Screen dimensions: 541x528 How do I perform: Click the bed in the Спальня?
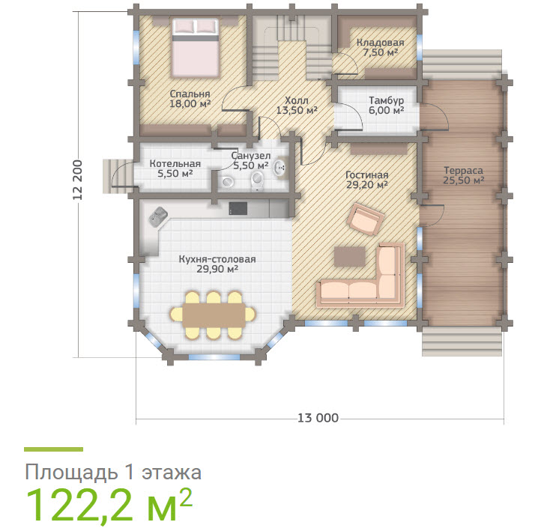click(x=196, y=48)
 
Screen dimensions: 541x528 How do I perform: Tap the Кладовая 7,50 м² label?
click(x=380, y=48)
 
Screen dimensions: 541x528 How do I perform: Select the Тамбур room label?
click(x=386, y=100)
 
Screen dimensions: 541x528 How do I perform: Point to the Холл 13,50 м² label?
click(x=297, y=106)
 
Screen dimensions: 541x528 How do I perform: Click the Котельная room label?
click(x=175, y=164)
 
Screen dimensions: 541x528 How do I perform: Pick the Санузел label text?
click(x=251, y=156)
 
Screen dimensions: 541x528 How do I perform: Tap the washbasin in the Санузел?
click(x=279, y=168)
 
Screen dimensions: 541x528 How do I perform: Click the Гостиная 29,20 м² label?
click(x=366, y=180)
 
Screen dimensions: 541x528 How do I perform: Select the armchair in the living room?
click(x=366, y=218)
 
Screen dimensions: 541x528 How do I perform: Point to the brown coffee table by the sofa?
click(x=349, y=256)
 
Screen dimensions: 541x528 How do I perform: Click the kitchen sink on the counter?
click(x=158, y=216)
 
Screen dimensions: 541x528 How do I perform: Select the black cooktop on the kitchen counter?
click(x=238, y=209)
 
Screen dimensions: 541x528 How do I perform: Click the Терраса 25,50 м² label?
click(x=463, y=175)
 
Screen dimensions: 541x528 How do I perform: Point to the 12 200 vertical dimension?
click(x=78, y=180)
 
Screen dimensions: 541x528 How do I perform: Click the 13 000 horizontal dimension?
click(x=318, y=418)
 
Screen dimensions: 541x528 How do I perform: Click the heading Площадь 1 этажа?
click(x=113, y=472)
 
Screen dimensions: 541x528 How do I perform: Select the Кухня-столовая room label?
click(x=217, y=259)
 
